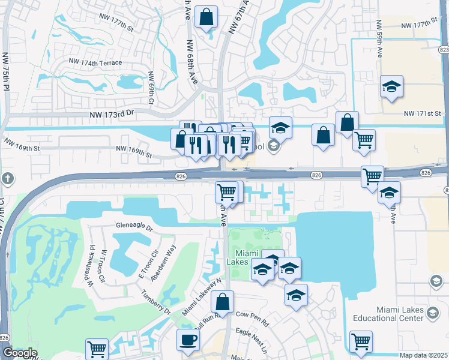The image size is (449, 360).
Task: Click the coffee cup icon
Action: point(188,340)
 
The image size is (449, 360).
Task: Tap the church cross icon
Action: point(7,178)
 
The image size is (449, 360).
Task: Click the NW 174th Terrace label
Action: point(95,62)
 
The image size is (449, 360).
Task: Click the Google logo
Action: point(19,353)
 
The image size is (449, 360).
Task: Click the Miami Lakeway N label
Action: point(203,297)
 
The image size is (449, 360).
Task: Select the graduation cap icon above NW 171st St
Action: point(391,86)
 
